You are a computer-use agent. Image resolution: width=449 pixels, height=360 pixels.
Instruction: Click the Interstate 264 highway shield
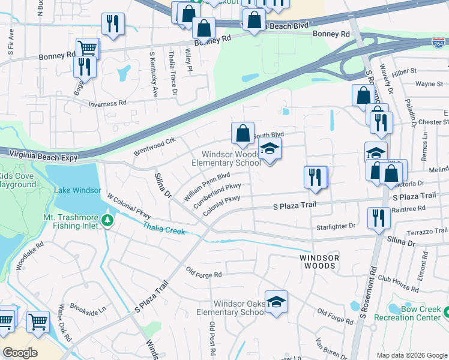point(438,43)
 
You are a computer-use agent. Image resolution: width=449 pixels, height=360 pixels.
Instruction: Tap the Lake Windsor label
point(78,190)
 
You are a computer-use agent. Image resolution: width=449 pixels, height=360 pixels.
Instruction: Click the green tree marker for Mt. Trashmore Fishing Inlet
point(108,221)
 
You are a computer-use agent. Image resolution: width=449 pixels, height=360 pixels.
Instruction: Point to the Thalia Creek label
point(164,229)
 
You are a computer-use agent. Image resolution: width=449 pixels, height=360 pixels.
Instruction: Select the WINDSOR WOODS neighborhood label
point(319,261)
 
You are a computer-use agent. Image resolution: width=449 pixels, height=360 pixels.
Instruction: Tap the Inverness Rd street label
point(107,104)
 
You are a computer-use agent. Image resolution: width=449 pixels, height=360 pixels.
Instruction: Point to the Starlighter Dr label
point(336,226)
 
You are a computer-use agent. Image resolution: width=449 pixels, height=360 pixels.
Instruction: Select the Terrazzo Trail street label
point(428,230)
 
